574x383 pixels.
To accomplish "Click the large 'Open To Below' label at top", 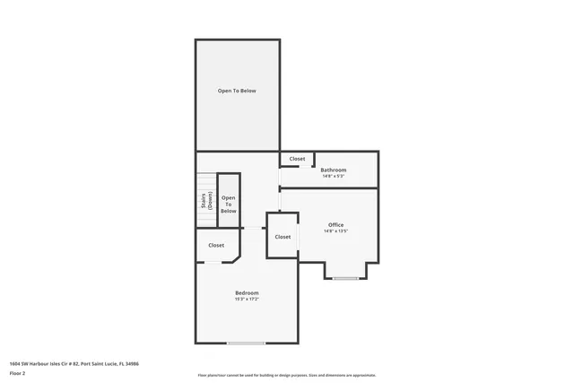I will (x=237, y=91).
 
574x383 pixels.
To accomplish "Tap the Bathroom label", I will (x=334, y=170).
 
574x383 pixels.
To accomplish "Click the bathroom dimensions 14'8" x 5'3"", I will (x=334, y=176).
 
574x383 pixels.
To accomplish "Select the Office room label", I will (x=335, y=224).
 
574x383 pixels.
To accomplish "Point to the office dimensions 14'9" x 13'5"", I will (x=335, y=231).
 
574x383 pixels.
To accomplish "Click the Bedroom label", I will (x=247, y=293).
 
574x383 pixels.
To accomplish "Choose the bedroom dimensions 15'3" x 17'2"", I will (x=247, y=300).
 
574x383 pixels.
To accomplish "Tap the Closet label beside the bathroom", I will (x=297, y=159).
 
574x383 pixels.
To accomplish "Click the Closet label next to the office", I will (x=283, y=237).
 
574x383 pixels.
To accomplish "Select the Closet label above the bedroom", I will (x=216, y=245).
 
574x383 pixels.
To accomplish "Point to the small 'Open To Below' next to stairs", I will (x=229, y=204).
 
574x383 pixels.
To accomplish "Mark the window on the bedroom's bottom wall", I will (x=245, y=343).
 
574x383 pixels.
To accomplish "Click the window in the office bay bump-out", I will (x=345, y=278).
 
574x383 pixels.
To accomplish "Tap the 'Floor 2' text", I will (x=17, y=373).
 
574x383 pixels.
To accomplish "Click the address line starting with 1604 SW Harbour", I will (x=74, y=363).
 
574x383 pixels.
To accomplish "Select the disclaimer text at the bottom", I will (x=287, y=375).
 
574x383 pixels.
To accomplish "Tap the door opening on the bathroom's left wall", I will (x=280, y=178).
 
